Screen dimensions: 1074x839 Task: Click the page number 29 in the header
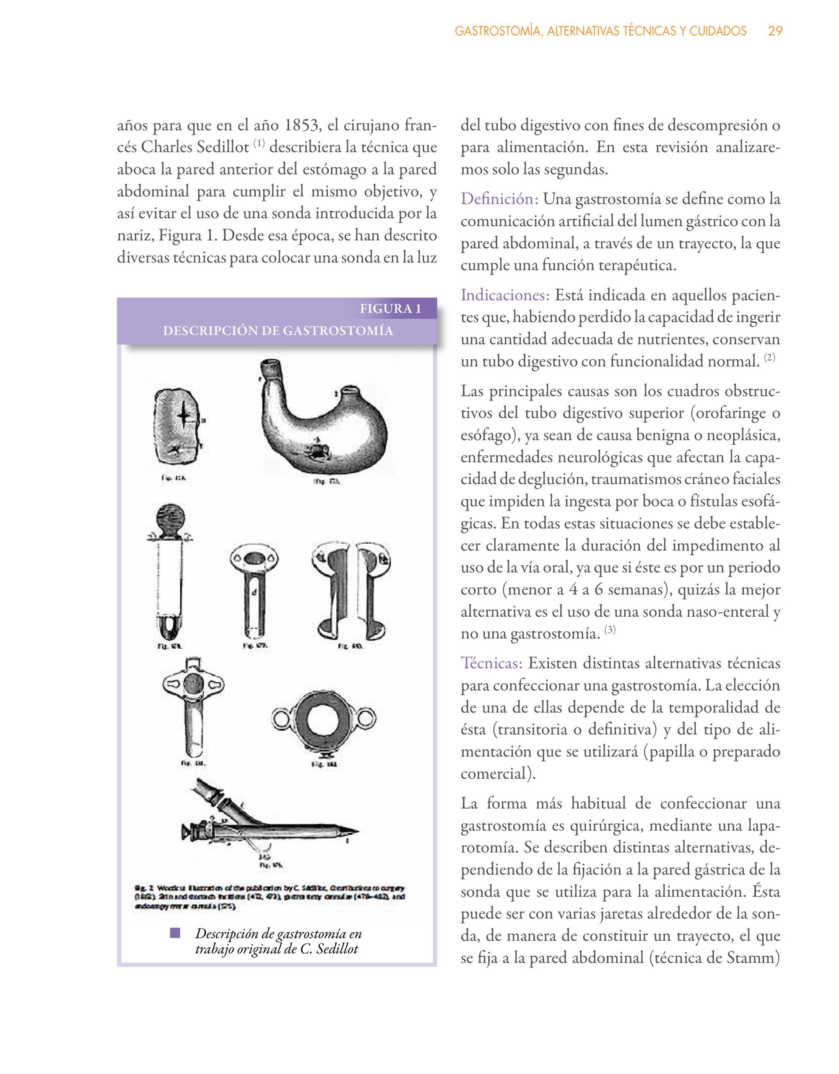pyautogui.click(x=775, y=31)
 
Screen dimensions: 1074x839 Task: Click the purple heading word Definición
pyautogui.click(x=499, y=199)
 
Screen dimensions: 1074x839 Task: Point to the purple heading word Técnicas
pyautogui.click(x=491, y=663)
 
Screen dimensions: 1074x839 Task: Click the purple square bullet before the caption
pyautogui.click(x=175, y=933)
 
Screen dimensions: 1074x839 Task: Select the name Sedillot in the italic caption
pyautogui.click(x=337, y=949)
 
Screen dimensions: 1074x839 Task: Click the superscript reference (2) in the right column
pyautogui.click(x=770, y=357)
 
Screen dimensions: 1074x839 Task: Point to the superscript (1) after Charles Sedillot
pyautogui.click(x=260, y=144)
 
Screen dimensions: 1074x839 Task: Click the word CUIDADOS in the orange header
pyautogui.click(x=717, y=31)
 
